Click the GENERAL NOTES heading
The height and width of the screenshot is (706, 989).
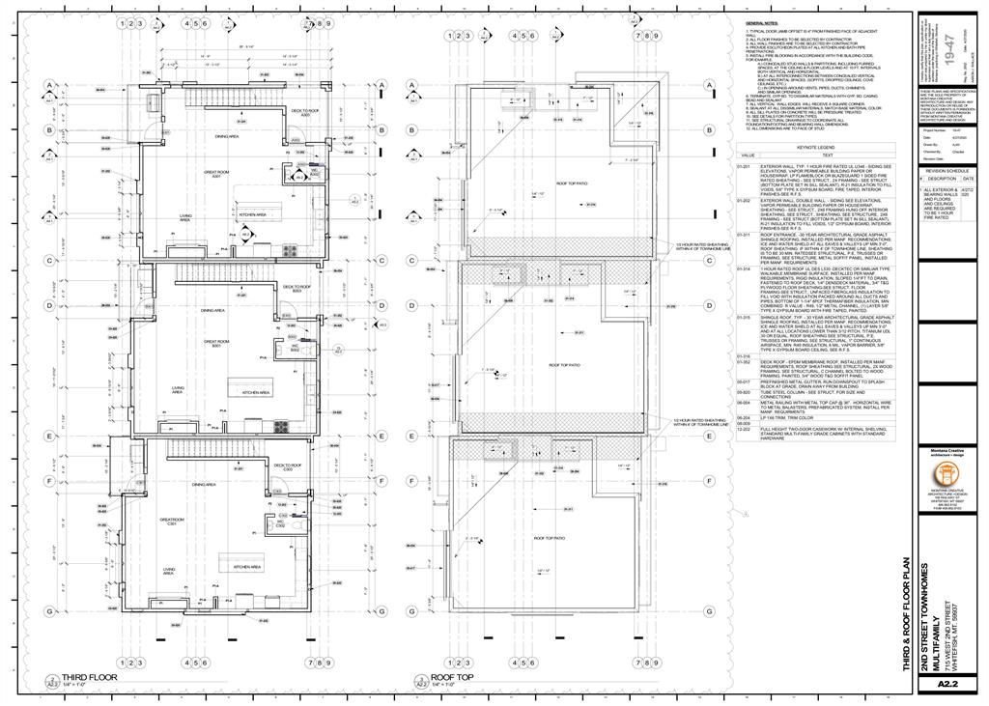click(762, 22)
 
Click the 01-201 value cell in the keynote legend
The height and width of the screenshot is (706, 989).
click(744, 165)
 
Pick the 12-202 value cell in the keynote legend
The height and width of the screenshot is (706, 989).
click(744, 428)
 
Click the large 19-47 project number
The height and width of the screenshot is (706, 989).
click(954, 50)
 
